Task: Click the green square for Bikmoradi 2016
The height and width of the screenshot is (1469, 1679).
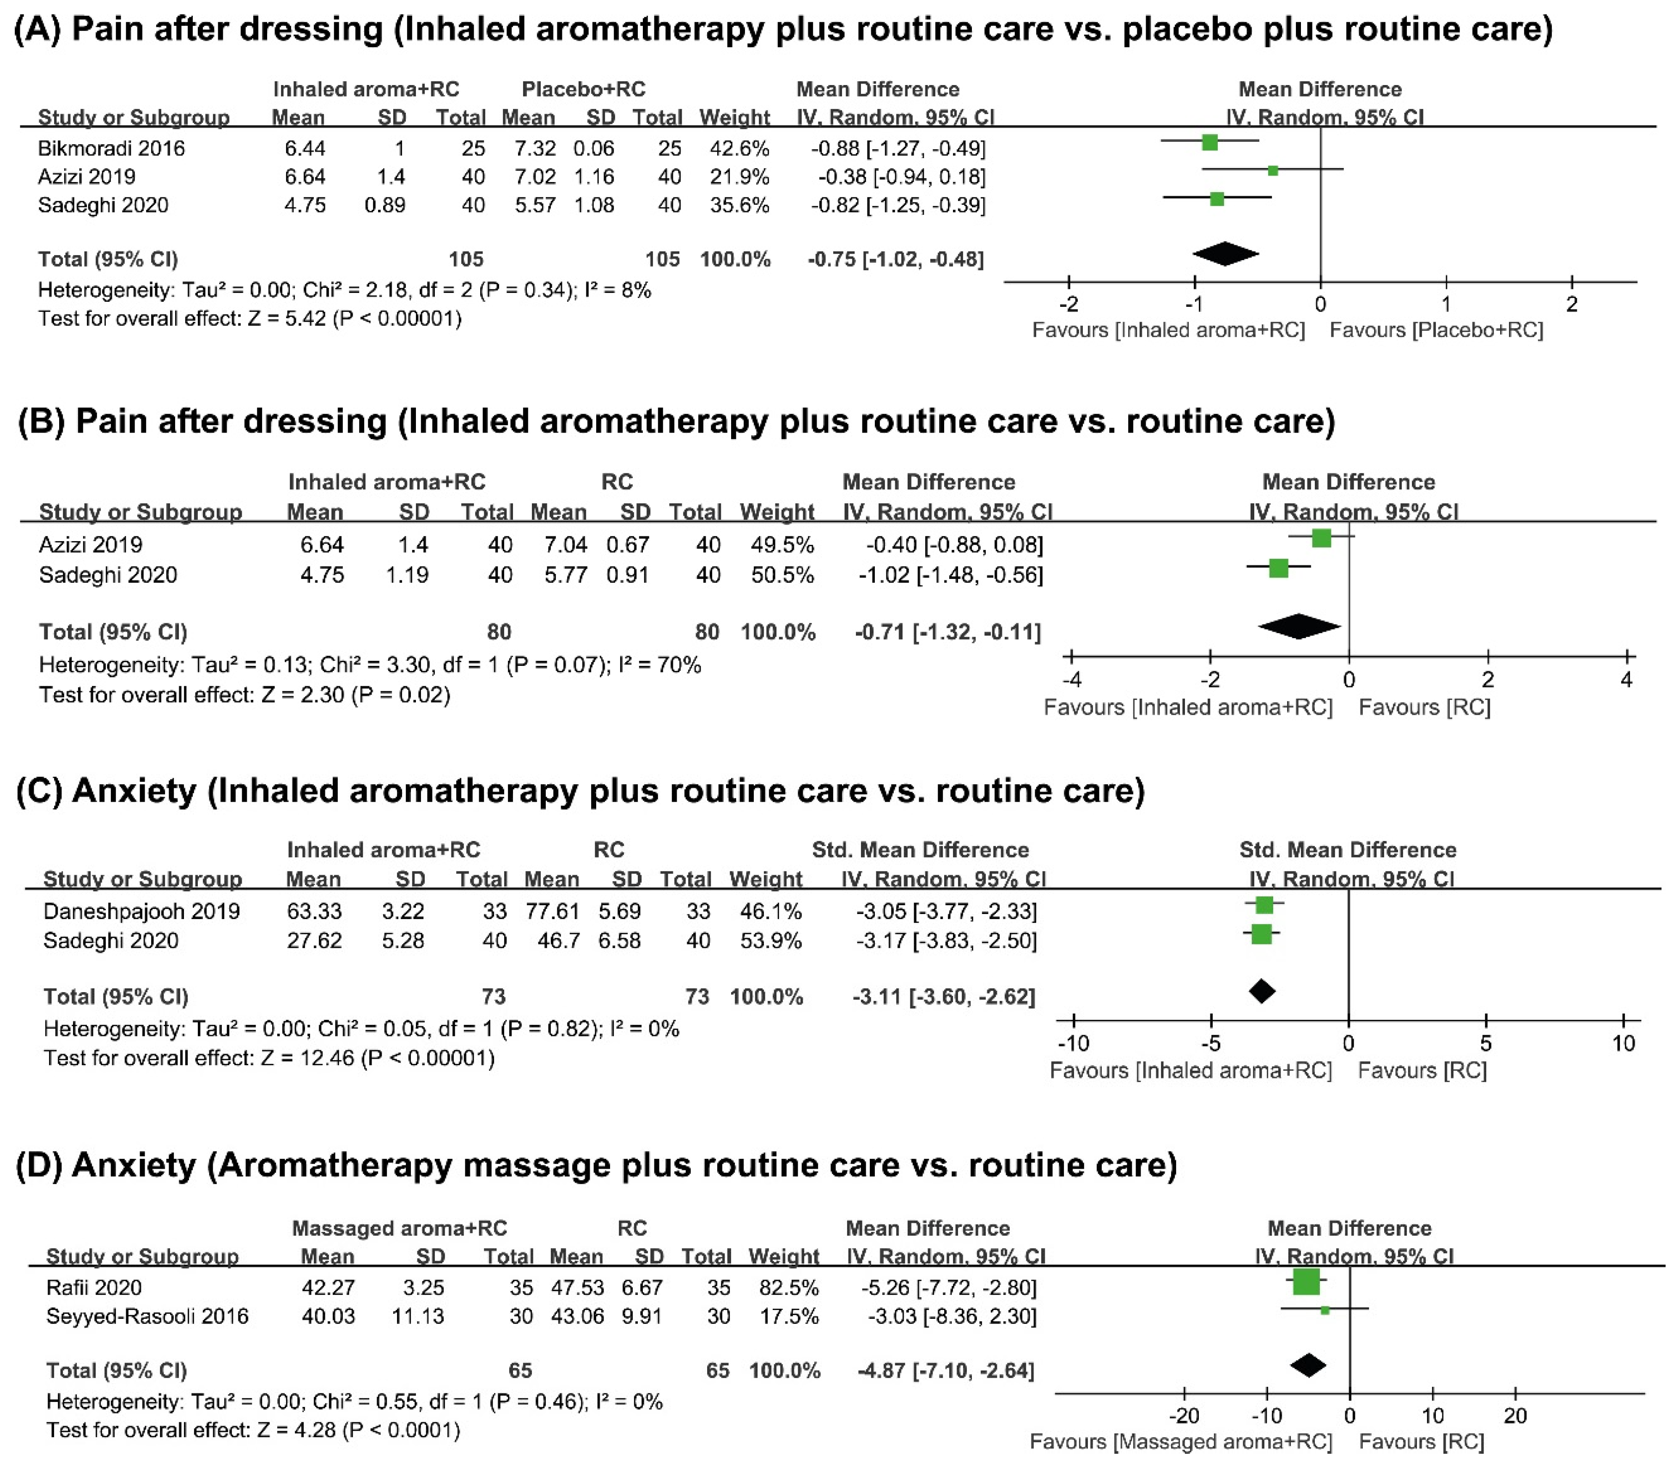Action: pos(1209,143)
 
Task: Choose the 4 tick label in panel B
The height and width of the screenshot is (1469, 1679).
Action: pos(1626,680)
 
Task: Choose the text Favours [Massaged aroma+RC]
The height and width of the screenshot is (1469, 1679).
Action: pos(1180,1442)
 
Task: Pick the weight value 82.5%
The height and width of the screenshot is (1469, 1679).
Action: pos(784,1288)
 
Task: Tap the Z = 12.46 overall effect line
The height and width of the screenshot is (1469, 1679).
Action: pos(269,1058)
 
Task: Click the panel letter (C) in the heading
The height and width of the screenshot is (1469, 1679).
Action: pos(39,791)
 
